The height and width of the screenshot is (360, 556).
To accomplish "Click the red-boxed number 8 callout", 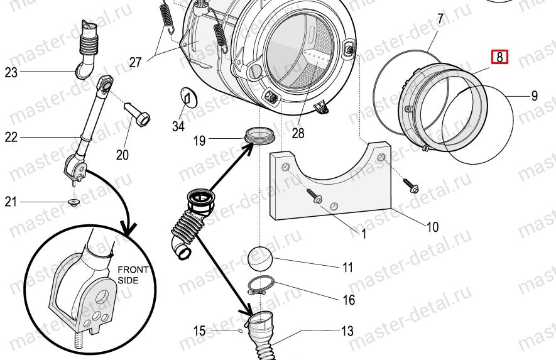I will pos(499,57).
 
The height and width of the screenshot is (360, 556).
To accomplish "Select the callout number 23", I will pos(11,72).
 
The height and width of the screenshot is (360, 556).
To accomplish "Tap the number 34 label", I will pos(178,126).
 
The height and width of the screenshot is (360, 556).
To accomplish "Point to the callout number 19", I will pos(199,141).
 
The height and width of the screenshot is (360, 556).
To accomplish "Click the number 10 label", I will pos(432,227).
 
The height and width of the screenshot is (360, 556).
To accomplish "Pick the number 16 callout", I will pos(349,300).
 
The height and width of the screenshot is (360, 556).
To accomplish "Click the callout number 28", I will pos(298,133).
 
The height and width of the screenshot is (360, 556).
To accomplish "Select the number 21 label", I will pos(11,202).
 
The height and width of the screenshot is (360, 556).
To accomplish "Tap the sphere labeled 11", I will pos(261,258).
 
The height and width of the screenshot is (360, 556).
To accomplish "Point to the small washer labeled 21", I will pos(74,202).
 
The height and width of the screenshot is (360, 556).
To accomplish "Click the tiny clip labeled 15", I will pos(241,331).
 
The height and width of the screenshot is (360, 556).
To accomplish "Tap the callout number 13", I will pos(347,331).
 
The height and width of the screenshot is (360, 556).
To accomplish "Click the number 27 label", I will pos(136,62).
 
